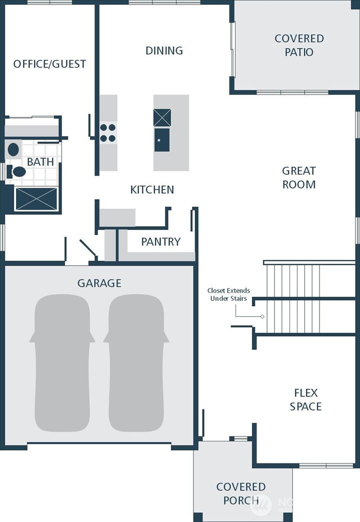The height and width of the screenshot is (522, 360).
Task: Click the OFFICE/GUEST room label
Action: [49, 64]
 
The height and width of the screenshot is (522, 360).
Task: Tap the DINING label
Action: [164, 51]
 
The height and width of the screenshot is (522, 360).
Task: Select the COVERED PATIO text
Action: [299, 45]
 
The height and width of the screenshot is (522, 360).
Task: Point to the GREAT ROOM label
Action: [299, 178]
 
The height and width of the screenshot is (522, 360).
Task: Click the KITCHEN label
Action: [152, 190]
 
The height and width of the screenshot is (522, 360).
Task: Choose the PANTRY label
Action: [160, 242]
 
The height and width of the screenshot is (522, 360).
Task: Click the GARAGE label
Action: [99, 283]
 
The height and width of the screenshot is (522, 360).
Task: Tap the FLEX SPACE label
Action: [305, 399]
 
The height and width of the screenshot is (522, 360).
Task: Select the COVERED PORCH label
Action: [240, 493]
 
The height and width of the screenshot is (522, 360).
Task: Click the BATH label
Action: [40, 162]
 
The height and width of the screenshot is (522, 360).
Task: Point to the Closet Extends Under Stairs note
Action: [228, 294]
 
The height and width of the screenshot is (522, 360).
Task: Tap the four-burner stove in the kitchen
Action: [107, 133]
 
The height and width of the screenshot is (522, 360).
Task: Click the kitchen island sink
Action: [161, 140]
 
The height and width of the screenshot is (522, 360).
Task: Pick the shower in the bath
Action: [36, 199]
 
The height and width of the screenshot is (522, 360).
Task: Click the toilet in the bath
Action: [18, 172]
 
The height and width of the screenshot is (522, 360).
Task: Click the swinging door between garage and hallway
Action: [88, 248]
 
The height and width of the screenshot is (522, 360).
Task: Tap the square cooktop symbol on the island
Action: [162, 118]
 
